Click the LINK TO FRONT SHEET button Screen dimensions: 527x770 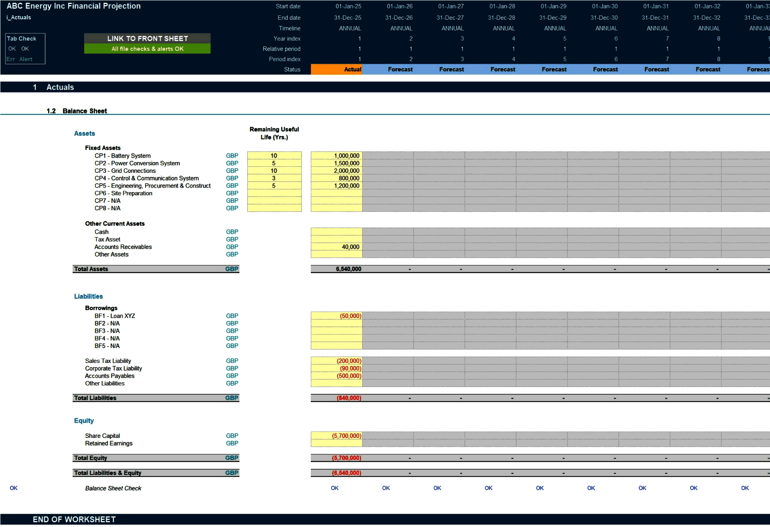pos(147,39)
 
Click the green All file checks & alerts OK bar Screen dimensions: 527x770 pos(147,49)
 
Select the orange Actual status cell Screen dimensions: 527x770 pos(336,69)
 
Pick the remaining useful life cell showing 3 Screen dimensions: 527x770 pos(274,178)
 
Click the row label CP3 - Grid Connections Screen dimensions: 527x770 pos(125,171)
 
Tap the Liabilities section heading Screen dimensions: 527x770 pos(88,296)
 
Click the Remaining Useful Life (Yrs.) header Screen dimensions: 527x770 pos(274,133)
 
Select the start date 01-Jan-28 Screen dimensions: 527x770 pos(502,6)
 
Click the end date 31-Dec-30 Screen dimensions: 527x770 pos(604,18)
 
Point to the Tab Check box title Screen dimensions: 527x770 pos(22,39)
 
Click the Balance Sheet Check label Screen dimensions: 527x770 pos(113,488)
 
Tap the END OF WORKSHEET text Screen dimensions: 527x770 pos(74,520)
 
